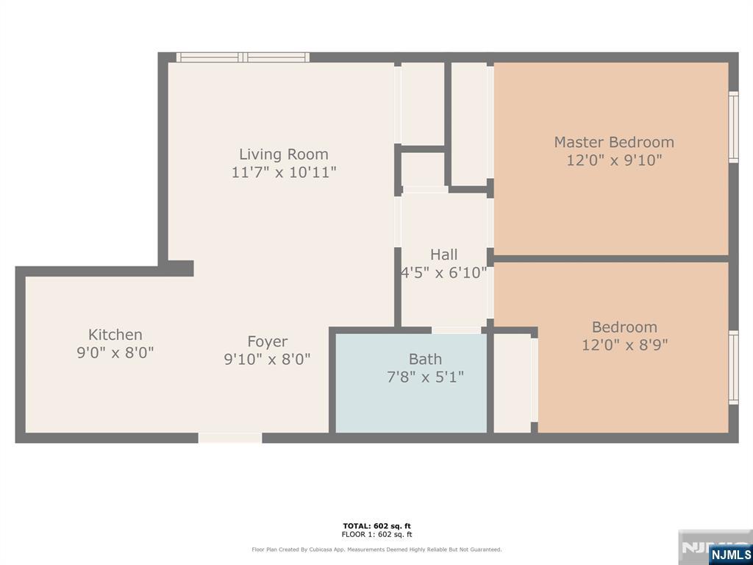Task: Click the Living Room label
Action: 284,154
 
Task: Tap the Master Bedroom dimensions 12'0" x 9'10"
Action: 614,160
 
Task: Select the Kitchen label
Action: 115,335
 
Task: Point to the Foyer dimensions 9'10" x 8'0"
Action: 268,359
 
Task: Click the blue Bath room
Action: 411,383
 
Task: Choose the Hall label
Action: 443,254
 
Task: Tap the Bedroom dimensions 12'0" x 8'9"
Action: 625,345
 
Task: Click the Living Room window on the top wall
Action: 243,57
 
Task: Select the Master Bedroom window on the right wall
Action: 733,127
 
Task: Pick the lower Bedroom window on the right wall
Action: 733,368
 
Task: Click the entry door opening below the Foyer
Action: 230,438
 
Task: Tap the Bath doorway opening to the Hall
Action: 456,330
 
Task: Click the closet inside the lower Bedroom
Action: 513,383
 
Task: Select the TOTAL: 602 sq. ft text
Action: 377,526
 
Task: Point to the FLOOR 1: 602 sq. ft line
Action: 377,534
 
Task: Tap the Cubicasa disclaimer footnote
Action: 376,550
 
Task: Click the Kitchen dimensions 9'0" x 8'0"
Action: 115,353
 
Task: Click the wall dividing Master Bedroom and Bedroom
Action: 611,258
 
